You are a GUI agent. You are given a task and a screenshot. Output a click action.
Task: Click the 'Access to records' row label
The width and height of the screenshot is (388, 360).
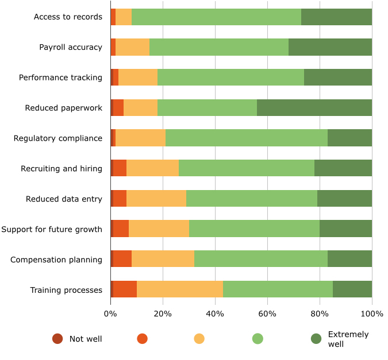point(68,17)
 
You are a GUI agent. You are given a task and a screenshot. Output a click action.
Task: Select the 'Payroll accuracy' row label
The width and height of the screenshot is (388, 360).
point(71,47)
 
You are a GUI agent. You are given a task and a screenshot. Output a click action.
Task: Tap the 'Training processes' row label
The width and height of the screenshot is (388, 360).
point(66,290)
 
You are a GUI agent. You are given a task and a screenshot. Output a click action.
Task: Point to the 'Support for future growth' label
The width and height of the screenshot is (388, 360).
point(52,230)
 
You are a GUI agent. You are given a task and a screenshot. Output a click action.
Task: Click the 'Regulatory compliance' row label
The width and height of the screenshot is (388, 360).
point(58,138)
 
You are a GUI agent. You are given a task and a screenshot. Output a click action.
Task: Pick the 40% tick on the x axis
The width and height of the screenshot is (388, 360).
point(215,313)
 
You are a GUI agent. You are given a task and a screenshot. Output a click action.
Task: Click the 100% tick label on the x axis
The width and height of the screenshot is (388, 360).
point(372,313)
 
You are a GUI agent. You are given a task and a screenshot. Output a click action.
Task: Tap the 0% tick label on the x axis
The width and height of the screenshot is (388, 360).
point(110,313)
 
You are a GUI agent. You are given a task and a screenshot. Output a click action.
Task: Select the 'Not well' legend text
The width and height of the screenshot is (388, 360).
point(86,339)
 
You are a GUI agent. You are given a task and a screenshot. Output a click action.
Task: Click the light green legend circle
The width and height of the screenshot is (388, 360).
point(258,339)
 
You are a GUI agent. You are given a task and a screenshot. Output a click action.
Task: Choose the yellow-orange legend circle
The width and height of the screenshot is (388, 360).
point(199,339)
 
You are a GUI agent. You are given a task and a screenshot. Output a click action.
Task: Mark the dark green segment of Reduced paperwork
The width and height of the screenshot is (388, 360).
point(314,107)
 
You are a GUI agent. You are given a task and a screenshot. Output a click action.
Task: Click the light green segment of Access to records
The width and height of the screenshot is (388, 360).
point(216,17)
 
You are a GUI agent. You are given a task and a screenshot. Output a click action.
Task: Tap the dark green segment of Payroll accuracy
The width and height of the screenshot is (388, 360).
point(330,47)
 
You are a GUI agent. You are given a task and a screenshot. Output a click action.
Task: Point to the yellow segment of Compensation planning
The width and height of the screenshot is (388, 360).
point(163,260)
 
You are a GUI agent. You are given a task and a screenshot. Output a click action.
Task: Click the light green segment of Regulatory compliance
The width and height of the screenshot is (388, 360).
point(247,138)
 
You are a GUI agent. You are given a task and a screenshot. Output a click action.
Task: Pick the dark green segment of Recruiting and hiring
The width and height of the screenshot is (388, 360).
point(343,168)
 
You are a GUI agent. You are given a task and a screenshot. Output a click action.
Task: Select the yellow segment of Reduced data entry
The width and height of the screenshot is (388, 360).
point(156,199)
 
